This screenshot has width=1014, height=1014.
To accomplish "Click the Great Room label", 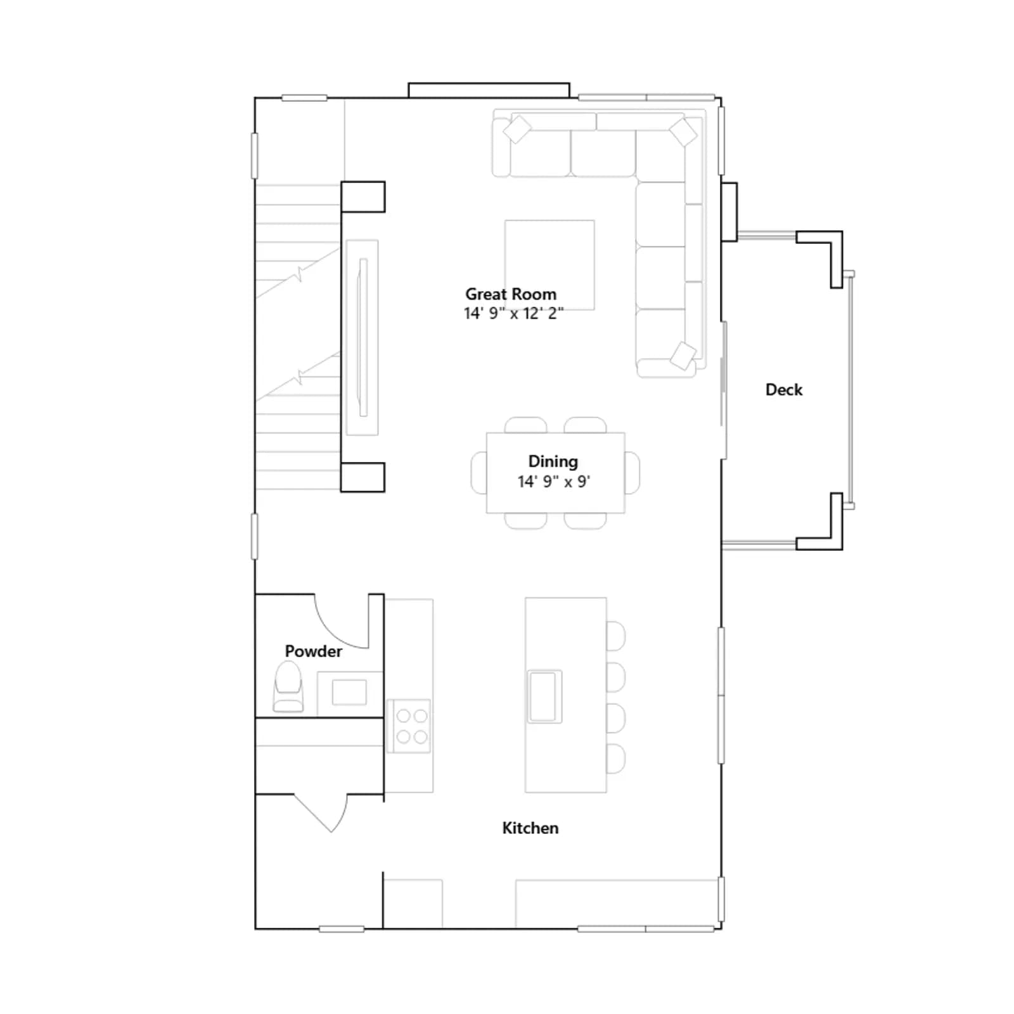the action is (x=511, y=294).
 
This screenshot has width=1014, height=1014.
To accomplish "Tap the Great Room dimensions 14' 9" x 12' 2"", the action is (x=513, y=313).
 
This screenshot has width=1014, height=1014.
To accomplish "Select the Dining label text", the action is (x=553, y=461).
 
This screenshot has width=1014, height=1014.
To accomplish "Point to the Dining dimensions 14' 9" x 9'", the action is (x=554, y=482).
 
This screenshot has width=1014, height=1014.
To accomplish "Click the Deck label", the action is (x=784, y=390).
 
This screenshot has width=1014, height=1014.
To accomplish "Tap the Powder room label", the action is (x=313, y=651).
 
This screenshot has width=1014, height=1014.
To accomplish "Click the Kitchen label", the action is (x=530, y=828).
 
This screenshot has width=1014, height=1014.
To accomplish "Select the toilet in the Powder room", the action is (x=288, y=686).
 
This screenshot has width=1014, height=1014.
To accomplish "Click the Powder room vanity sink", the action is (x=349, y=692).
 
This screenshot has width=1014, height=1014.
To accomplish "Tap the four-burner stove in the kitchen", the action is (x=409, y=726).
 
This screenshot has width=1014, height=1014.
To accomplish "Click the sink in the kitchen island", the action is (x=544, y=696).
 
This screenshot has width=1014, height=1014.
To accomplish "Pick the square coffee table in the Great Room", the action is (x=549, y=265).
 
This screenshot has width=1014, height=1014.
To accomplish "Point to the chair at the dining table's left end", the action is (x=478, y=472).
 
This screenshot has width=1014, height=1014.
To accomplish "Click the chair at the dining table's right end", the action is (x=632, y=472).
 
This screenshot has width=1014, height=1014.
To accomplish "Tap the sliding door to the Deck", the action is (x=724, y=390).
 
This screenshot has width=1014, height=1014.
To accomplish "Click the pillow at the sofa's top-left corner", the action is (x=517, y=130).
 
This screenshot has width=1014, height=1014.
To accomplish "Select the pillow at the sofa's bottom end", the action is (x=683, y=356).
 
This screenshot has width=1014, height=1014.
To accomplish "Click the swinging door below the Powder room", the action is (x=321, y=813).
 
